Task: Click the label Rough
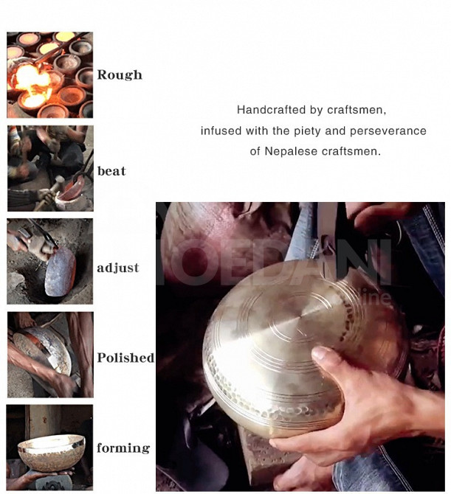120,75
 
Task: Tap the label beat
111,171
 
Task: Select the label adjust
117,268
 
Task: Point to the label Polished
125,358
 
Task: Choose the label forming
123,448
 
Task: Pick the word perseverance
388,131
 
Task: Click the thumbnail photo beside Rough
50,75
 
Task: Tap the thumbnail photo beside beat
50,168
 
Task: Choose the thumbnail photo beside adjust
50,261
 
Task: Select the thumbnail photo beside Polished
50,355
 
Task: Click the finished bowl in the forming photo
51,452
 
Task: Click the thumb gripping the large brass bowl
328,357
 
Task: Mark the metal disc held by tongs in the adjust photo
61,271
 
